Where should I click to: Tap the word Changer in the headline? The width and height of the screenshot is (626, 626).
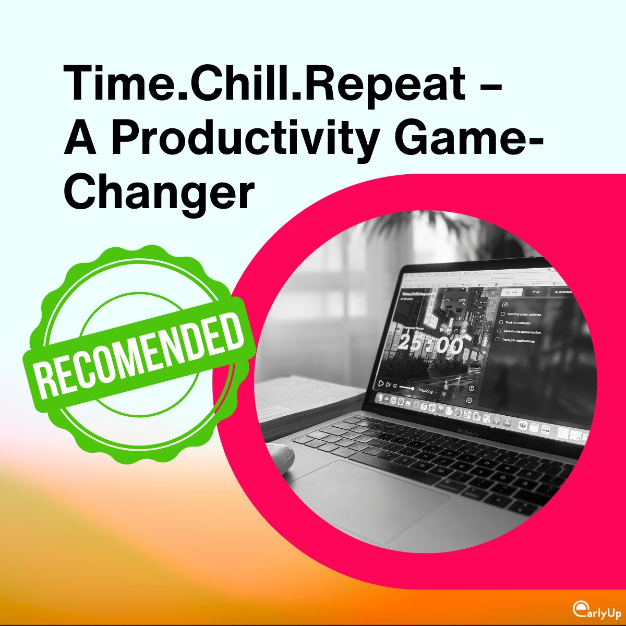coord(159,191)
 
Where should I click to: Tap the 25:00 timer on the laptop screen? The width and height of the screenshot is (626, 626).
coord(431,345)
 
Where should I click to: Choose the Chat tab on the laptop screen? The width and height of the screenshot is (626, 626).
coord(536,292)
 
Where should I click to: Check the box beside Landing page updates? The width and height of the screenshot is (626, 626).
coord(502,314)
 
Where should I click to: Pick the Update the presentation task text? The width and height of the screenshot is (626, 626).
coord(522,332)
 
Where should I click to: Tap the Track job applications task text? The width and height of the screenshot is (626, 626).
coord(518,341)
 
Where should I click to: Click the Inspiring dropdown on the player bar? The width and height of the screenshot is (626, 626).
coord(427,390)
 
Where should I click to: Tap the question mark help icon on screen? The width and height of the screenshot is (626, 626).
coord(472,388)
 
